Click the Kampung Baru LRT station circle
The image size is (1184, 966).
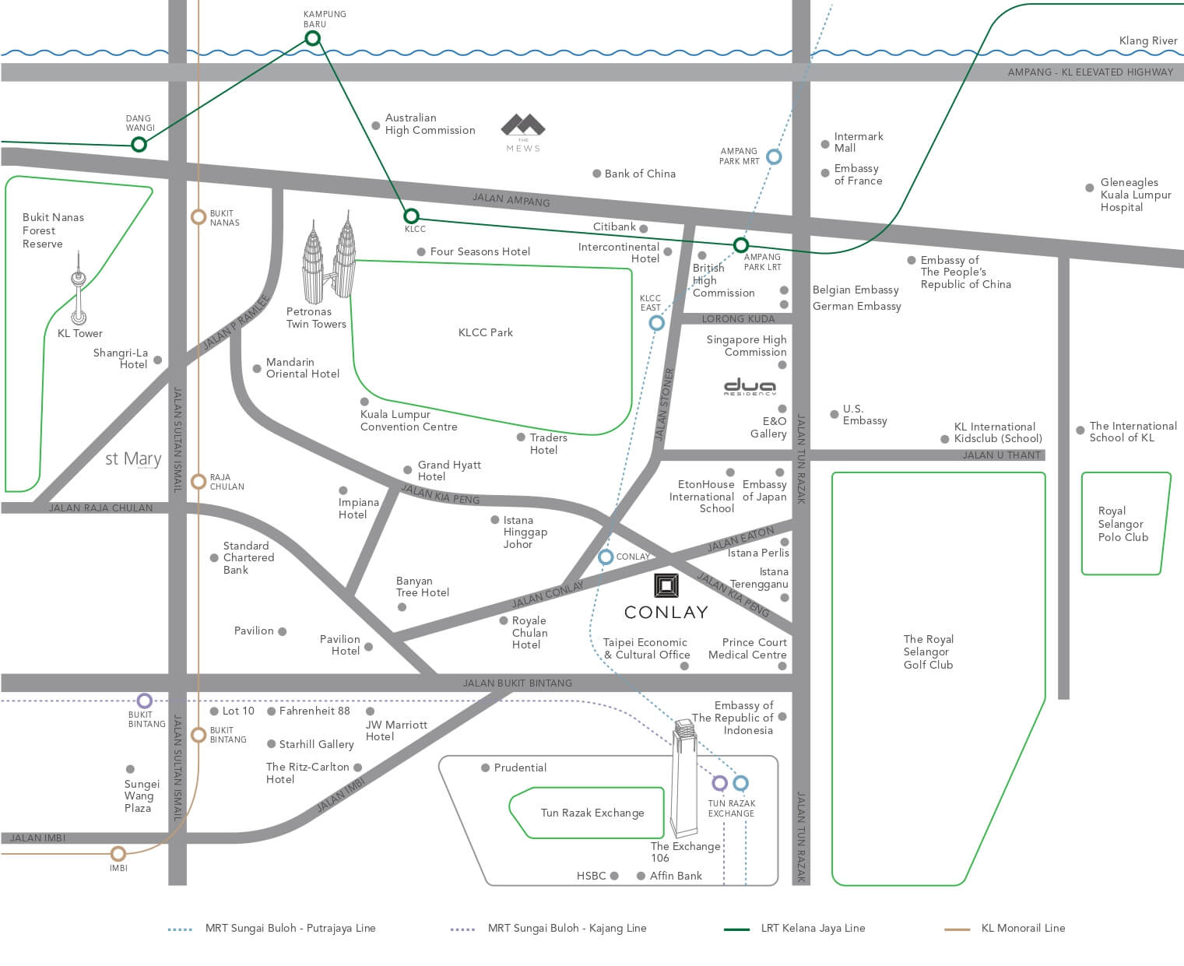[x=312, y=38]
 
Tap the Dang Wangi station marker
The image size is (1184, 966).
[x=139, y=144]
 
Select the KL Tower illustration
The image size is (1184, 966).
[x=78, y=296]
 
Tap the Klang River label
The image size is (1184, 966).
[x=1147, y=40]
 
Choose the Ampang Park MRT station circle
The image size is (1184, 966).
[x=774, y=156]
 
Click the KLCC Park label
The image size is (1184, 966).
[x=485, y=332]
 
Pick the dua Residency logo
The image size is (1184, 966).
[x=750, y=387]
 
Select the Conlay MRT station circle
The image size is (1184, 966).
[x=606, y=557]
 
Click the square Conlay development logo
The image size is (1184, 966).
[x=666, y=585]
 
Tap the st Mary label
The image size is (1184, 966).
[x=133, y=459]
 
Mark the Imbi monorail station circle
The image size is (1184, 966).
[x=118, y=854]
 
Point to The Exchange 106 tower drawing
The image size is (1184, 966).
[x=683, y=778]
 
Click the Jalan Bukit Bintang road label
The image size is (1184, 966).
[x=517, y=683]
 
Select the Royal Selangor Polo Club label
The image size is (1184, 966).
[x=1123, y=524]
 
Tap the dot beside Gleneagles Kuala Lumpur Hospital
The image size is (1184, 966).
[x=1089, y=188]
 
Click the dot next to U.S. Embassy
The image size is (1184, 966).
[x=834, y=415]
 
